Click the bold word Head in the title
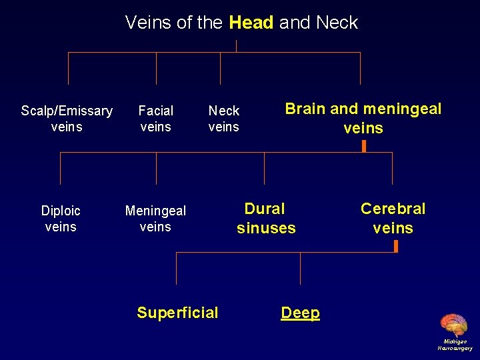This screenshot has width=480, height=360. click(x=251, y=23)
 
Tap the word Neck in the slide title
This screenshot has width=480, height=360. click(x=337, y=23)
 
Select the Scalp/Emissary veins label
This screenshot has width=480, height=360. click(x=67, y=119)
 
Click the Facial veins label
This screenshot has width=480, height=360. click(x=156, y=119)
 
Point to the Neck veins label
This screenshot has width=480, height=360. click(x=223, y=119)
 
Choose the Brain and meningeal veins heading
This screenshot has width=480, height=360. click(x=363, y=118)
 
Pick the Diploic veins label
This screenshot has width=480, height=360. click(x=61, y=219)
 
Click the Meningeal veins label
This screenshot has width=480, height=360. click(x=155, y=219)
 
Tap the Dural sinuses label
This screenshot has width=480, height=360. click(x=265, y=219)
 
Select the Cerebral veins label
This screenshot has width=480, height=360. click(x=393, y=219)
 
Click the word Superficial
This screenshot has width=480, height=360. click(x=177, y=313)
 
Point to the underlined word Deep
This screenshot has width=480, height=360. click(x=300, y=313)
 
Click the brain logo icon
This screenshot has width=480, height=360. click(x=454, y=325)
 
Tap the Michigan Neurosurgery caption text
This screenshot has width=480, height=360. click(x=455, y=345)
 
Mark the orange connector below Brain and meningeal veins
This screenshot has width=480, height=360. click(x=364, y=145)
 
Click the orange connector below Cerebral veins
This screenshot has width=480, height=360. click(x=395, y=246)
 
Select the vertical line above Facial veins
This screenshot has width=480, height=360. click(x=156, y=68)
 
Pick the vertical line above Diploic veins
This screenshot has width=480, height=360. click(x=61, y=168)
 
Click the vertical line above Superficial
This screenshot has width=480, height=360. click(x=176, y=269)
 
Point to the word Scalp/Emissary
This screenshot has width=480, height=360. click(x=67, y=111)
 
